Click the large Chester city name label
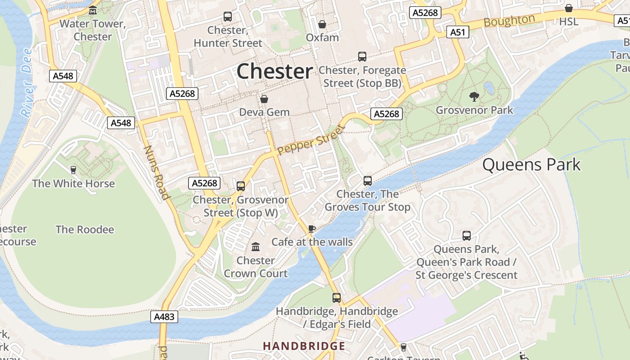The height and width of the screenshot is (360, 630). click(x=274, y=72)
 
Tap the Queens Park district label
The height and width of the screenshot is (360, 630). click(x=531, y=165)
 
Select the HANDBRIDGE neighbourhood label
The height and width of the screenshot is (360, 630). click(x=304, y=346)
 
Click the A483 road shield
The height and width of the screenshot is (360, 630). click(x=164, y=317)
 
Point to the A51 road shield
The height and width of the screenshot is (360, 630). click(x=458, y=32)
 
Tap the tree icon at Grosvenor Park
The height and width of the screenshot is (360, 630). click(x=474, y=96)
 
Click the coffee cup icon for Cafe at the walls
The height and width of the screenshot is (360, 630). click(x=311, y=229)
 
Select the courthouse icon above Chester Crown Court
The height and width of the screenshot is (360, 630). click(x=256, y=247)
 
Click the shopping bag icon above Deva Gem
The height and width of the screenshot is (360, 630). click(x=264, y=99)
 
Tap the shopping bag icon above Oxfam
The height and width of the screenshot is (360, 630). click(x=322, y=24)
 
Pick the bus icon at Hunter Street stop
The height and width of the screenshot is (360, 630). click(x=228, y=17)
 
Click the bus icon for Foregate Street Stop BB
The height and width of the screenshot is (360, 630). click(x=362, y=57)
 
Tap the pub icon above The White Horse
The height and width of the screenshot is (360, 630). click(x=73, y=170)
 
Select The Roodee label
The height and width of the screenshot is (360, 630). click(x=85, y=229)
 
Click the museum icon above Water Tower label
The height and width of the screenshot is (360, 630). click(x=93, y=10)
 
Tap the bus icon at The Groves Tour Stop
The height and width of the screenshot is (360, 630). click(x=368, y=181)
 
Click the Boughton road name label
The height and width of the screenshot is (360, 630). click(x=509, y=21)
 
